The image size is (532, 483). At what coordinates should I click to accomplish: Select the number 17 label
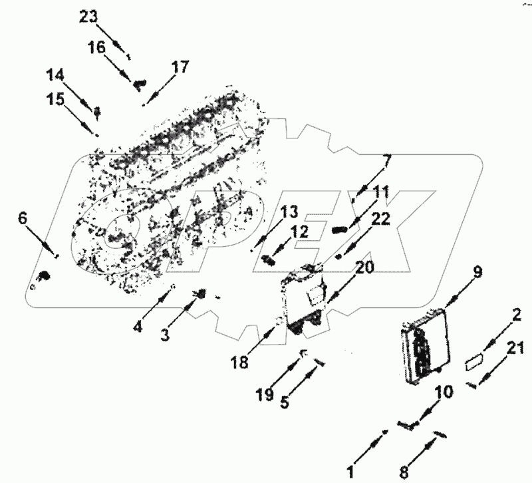click(180, 67)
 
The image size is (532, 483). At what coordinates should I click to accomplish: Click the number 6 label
click(23, 217)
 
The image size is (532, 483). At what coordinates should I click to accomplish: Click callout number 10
click(444, 392)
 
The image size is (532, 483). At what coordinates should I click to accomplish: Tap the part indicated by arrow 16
click(140, 84)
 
